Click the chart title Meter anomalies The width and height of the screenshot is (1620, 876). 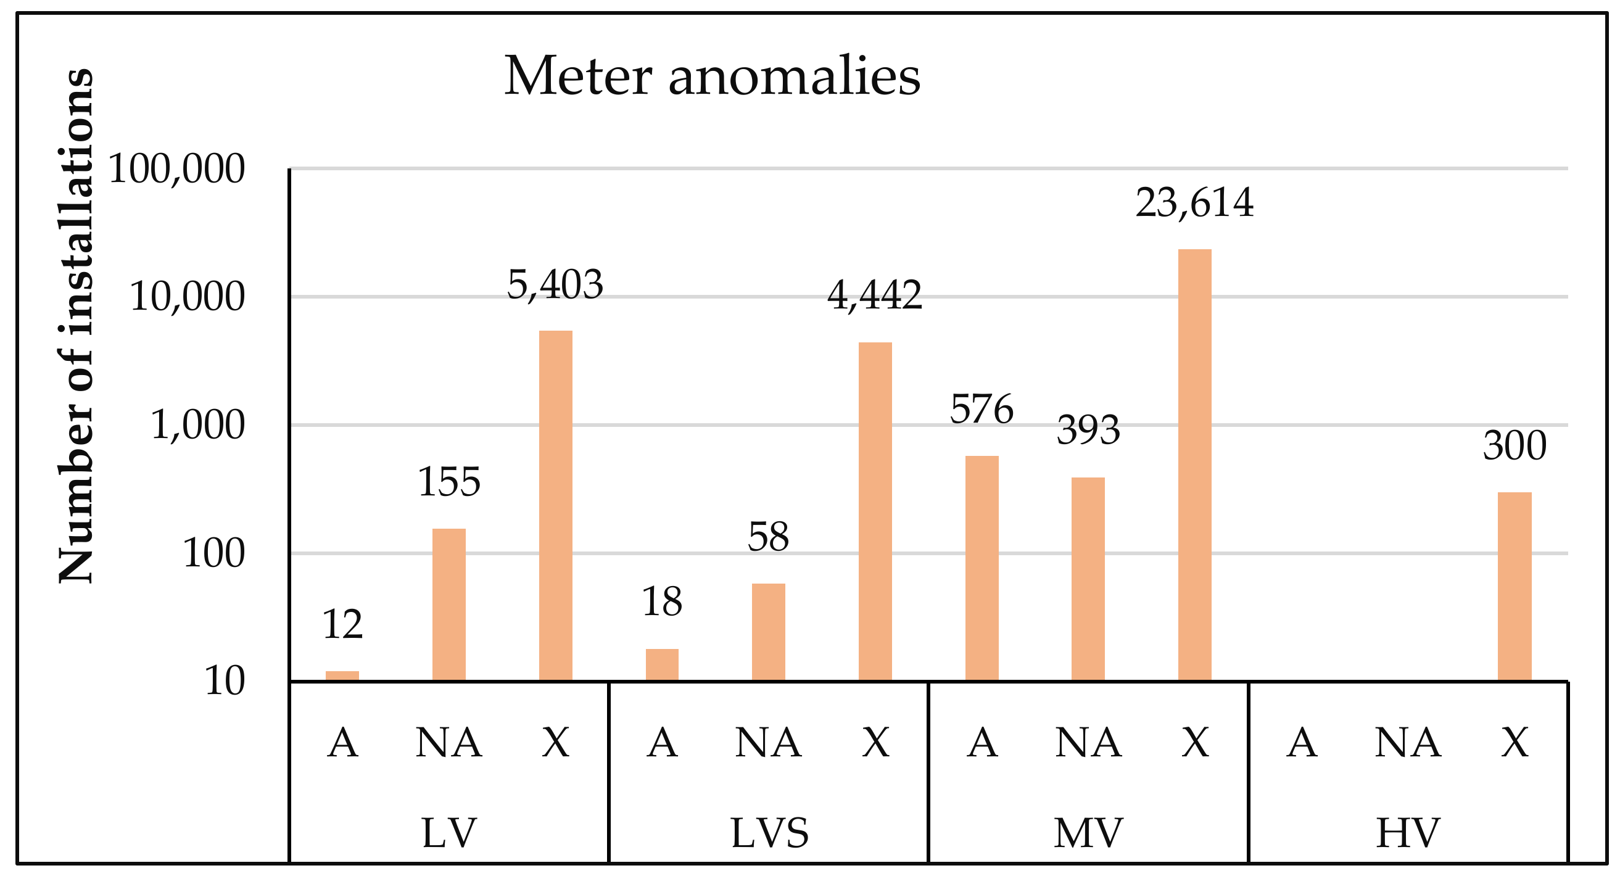point(712,76)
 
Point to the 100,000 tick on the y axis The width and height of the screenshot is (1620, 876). point(176,169)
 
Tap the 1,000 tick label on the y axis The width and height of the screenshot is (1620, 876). point(197,426)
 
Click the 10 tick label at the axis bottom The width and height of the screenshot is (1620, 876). point(225,682)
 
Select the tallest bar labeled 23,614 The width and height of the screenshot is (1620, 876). point(1194,465)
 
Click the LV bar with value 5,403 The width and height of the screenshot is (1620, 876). point(556,506)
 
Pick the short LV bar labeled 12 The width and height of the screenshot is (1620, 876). point(342,677)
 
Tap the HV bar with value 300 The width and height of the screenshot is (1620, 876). point(1515,587)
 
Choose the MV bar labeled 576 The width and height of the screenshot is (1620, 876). point(982,569)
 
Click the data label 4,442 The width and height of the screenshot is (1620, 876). point(874,295)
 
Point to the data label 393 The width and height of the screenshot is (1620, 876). point(1088,431)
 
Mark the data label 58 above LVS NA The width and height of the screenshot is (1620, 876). point(768,538)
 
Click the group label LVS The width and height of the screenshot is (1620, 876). point(769,834)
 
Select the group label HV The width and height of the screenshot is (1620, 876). point(1407,834)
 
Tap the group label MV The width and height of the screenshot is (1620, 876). point(1088,834)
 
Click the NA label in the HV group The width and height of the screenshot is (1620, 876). point(1407,743)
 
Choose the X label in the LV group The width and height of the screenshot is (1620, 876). point(556,743)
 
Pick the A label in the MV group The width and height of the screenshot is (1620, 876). point(982,743)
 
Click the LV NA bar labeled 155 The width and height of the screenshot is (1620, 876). point(449,605)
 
